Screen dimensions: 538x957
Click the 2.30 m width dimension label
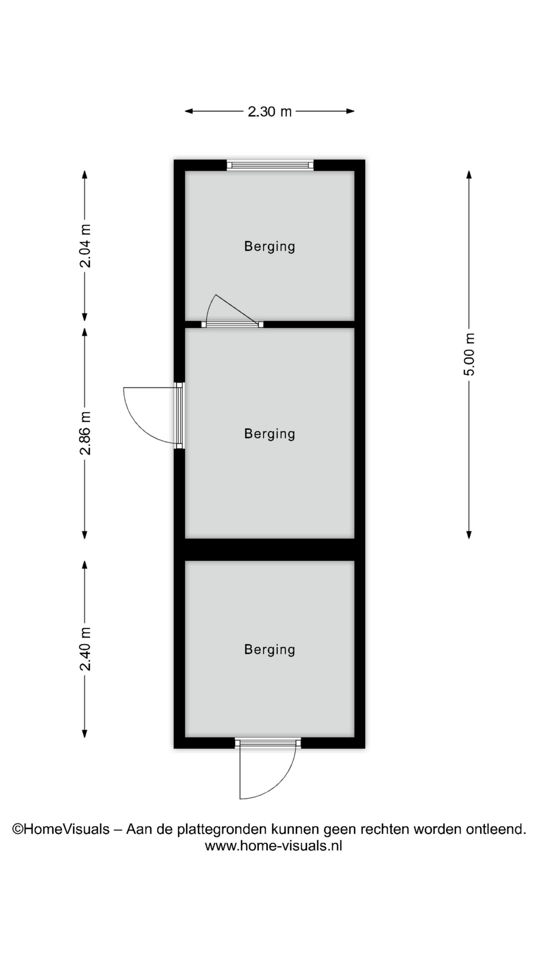[x=269, y=111]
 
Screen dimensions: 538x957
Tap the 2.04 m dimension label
[x=86, y=246]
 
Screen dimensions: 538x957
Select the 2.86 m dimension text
[x=86, y=433]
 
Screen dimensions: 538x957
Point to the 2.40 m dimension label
[x=86, y=649]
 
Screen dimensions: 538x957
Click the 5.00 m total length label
[x=469, y=354]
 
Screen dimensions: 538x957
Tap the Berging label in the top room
[x=269, y=246]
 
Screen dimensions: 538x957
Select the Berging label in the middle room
[x=269, y=434]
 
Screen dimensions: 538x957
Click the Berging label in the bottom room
[x=269, y=649]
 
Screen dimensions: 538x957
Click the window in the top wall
[x=270, y=165]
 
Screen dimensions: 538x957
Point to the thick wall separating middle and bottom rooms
[x=269, y=550]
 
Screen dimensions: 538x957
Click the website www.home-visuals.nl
[x=273, y=845]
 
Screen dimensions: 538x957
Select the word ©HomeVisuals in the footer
[x=61, y=829]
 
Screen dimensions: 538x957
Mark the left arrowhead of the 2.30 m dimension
[x=189, y=111]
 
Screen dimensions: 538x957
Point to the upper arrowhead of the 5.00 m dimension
[x=469, y=174]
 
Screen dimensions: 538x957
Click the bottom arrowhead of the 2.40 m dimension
[x=85, y=734]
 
